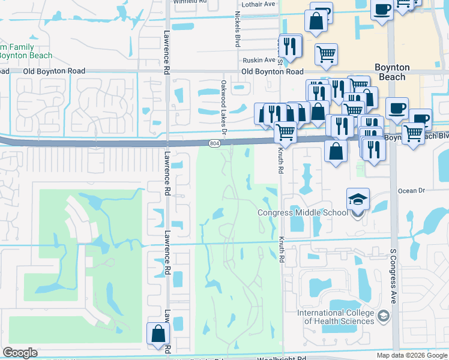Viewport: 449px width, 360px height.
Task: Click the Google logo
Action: tap(20, 353)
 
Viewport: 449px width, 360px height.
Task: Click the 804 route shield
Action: tap(215, 144)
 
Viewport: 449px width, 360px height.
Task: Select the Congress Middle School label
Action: tap(303, 212)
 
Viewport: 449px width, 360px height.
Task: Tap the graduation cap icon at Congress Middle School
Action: tap(358, 200)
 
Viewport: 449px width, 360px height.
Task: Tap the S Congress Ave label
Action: tap(394, 276)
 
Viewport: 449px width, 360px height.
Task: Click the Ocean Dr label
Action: tap(411, 190)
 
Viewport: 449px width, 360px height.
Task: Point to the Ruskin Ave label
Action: tap(259, 60)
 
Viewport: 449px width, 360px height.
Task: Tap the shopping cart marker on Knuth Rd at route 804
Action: tap(286, 131)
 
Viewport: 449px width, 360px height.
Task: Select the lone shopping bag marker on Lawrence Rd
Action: tap(157, 334)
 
